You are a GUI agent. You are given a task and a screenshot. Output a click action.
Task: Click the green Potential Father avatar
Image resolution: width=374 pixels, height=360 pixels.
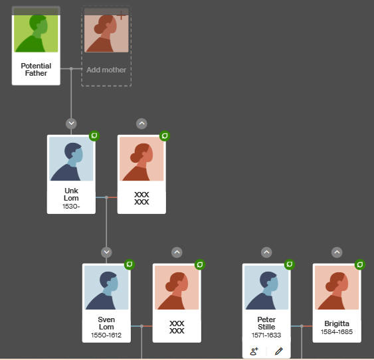(36, 33)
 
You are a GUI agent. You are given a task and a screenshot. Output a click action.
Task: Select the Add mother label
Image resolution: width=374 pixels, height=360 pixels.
(106, 70)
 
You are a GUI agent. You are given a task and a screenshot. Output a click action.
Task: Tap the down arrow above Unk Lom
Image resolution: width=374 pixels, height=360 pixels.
(71, 124)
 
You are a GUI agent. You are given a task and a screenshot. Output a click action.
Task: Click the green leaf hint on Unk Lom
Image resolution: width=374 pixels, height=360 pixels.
(94, 136)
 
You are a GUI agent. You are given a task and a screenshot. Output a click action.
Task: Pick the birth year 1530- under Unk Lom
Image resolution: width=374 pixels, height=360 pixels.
(71, 206)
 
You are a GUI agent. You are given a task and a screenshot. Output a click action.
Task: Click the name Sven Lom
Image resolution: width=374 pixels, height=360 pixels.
(106, 323)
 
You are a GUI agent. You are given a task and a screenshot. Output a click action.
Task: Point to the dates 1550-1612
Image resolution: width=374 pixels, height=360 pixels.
(106, 335)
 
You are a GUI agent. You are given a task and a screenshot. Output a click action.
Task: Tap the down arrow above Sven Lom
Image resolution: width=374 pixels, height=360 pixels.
(106, 252)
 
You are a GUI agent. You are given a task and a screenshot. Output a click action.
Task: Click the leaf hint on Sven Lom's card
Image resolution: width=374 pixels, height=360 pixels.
(130, 264)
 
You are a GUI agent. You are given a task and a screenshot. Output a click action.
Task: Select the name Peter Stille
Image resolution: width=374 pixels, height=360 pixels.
(266, 323)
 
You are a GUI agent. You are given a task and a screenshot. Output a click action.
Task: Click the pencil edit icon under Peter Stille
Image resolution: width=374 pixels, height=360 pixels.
(278, 351)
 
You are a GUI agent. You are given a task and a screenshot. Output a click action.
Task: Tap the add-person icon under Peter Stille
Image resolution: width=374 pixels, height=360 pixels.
(254, 351)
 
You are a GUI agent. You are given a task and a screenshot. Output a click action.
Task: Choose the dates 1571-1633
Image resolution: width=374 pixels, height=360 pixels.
(266, 335)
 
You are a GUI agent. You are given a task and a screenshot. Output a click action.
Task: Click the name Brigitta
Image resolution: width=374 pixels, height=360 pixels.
(337, 323)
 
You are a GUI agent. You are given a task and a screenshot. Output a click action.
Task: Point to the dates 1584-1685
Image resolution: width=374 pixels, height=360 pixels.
(337, 332)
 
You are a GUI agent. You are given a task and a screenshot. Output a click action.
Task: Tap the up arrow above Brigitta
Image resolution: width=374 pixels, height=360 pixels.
(337, 252)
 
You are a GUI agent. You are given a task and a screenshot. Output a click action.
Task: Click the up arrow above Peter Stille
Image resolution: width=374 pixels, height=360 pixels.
(266, 252)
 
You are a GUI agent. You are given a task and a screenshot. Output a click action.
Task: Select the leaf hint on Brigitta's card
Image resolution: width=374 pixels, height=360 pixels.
(360, 264)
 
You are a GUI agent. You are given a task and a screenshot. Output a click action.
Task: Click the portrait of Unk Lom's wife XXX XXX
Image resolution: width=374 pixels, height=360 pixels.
(141, 159)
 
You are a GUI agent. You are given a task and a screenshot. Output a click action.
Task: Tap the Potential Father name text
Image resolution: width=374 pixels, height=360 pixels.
(36, 69)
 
